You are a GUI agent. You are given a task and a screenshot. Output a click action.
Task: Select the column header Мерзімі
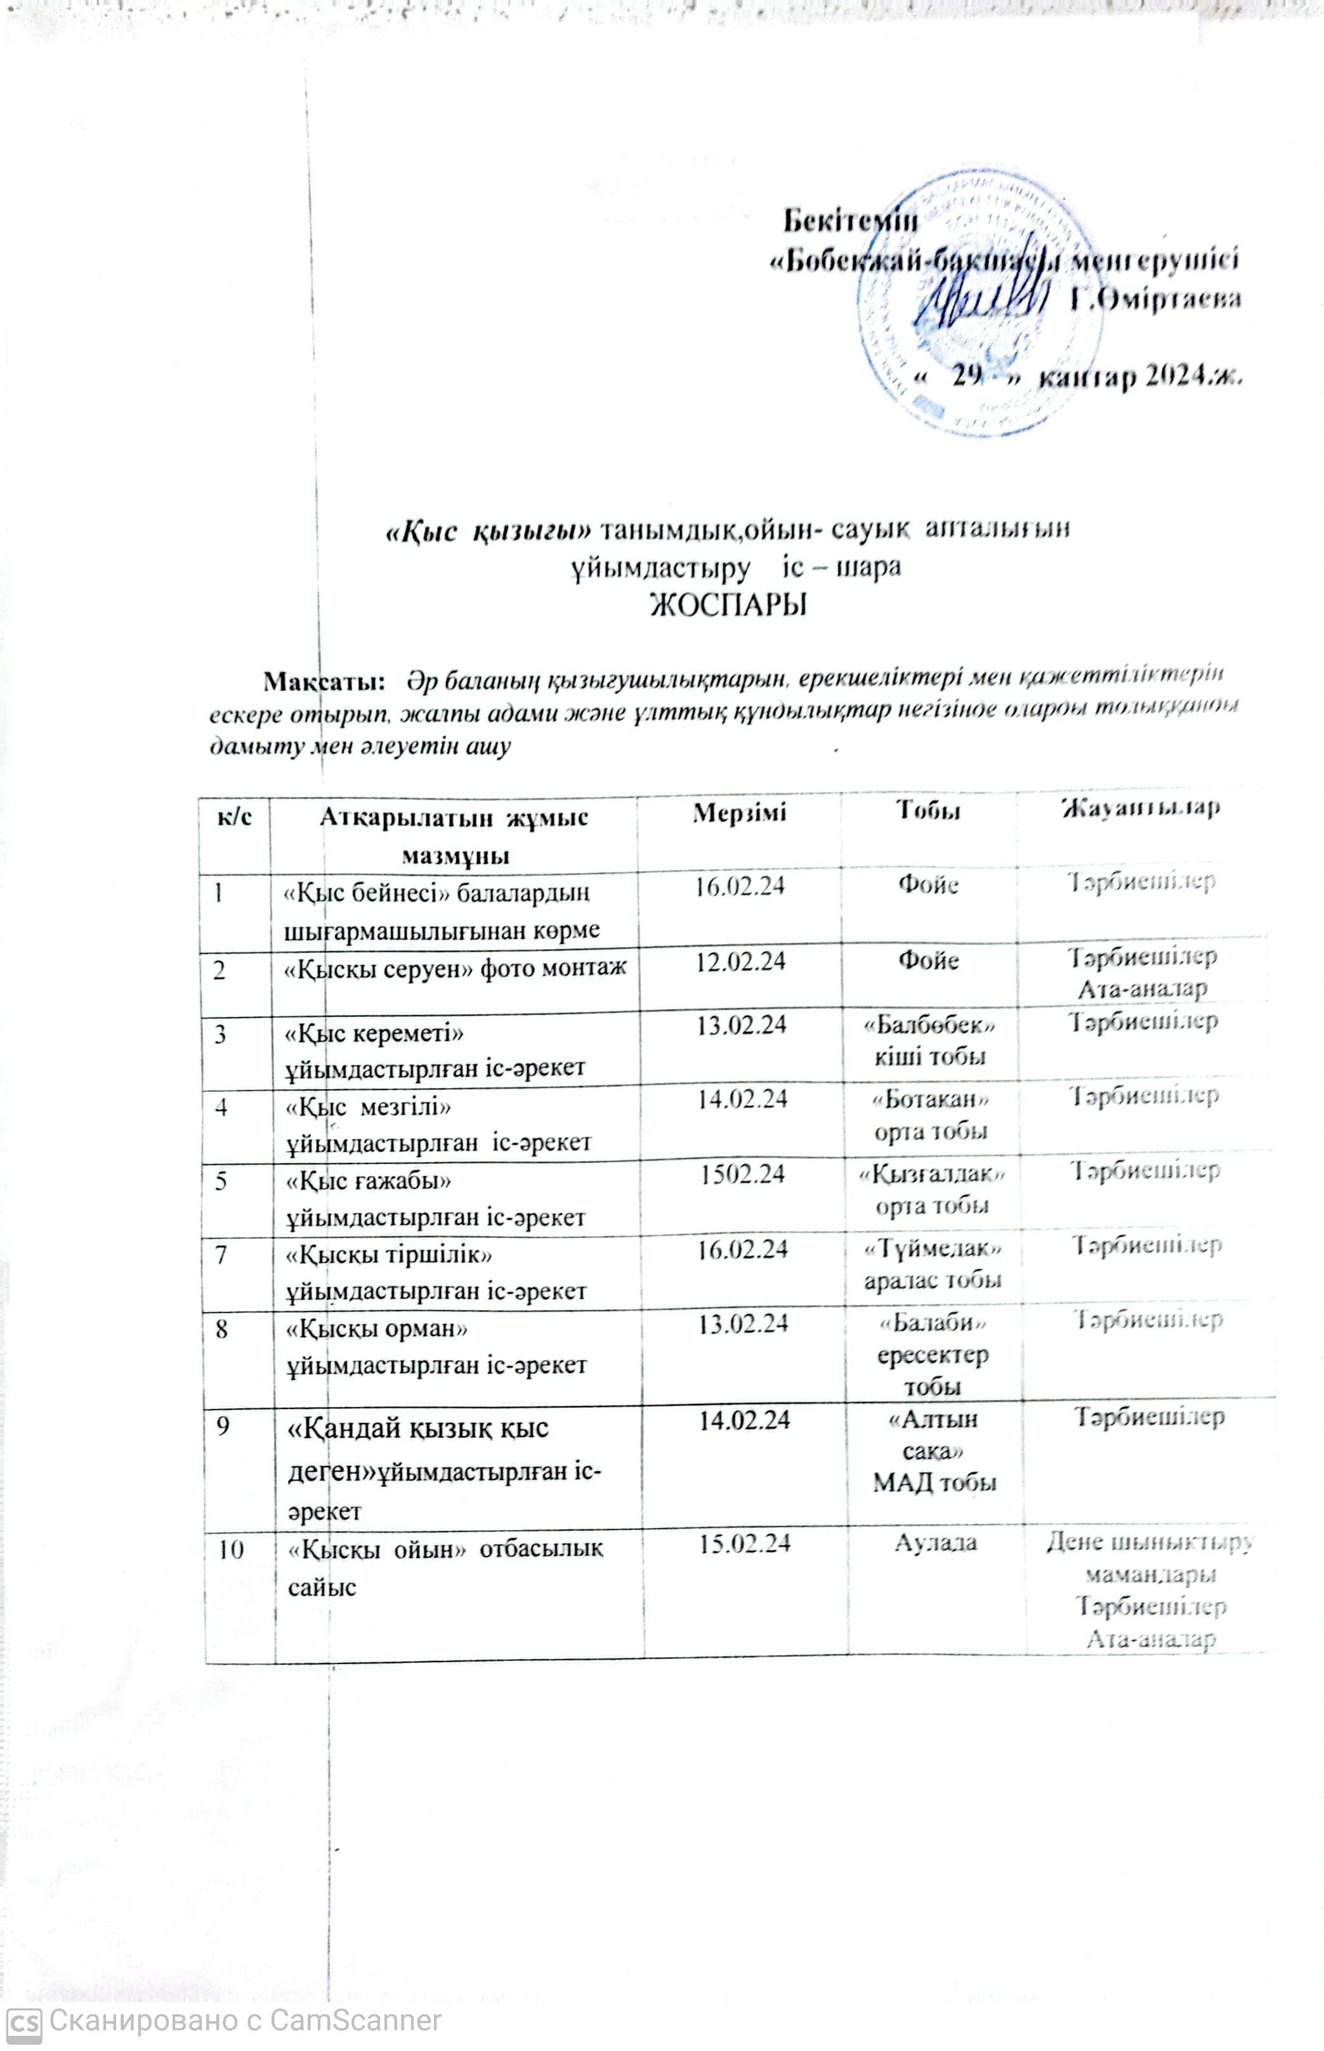739,812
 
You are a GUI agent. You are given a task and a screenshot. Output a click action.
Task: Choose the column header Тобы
929,809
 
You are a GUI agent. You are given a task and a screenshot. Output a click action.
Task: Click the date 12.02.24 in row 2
740,961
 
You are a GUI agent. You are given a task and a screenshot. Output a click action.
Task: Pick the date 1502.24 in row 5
742,1174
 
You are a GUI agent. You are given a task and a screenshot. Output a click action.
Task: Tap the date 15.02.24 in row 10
745,1544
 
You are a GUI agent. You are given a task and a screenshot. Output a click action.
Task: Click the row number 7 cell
222,1255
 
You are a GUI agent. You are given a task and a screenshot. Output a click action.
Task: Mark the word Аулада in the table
935,1542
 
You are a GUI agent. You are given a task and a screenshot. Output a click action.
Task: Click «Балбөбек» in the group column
929,1025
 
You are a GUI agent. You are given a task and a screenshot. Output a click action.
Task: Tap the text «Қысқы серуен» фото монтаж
456,968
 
